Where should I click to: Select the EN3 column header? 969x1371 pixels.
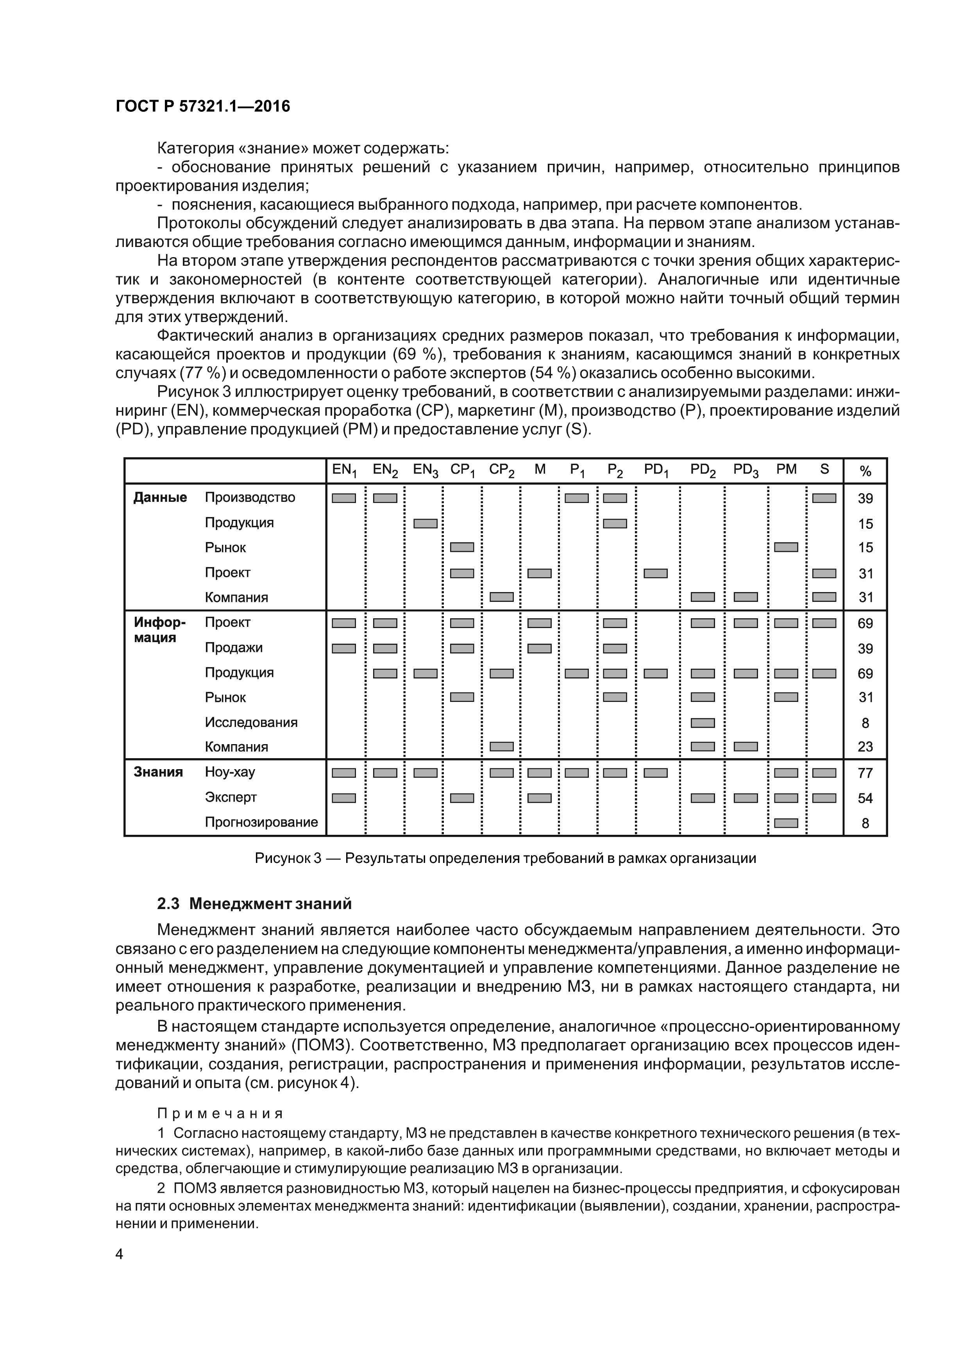coord(425,471)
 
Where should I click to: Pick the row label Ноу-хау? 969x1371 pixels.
coord(230,772)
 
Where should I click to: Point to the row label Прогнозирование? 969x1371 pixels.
coord(261,822)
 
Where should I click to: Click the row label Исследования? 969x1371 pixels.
coord(251,723)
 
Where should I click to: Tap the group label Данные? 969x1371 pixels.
coord(159,498)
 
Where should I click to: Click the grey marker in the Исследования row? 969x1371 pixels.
coord(702,723)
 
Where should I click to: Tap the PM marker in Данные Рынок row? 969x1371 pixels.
coord(786,547)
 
